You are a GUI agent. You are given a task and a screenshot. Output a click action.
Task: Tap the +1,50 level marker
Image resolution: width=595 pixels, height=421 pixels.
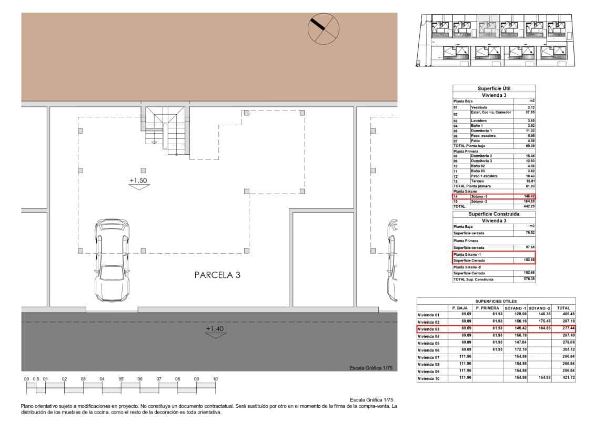click(x=139, y=181)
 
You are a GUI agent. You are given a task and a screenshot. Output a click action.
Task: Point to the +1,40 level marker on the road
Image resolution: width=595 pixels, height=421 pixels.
click(x=215, y=329)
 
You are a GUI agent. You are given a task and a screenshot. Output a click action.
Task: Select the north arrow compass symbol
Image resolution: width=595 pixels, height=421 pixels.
click(x=323, y=28)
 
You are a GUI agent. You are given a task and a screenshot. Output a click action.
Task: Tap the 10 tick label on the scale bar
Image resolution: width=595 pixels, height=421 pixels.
click(x=215, y=379)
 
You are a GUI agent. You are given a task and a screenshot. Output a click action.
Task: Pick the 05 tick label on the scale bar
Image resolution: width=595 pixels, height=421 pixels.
click(x=121, y=379)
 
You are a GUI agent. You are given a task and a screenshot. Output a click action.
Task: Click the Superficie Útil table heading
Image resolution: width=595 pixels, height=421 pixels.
click(x=493, y=88)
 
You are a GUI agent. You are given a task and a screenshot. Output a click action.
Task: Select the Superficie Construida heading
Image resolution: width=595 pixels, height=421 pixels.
click(x=493, y=214)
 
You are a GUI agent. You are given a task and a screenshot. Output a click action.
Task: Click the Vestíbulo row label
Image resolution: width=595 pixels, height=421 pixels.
click(x=479, y=107)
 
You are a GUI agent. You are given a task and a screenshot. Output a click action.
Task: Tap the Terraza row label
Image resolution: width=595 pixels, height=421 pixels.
click(x=478, y=181)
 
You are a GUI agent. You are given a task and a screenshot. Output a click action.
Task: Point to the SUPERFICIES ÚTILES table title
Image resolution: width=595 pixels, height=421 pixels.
click(x=496, y=301)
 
